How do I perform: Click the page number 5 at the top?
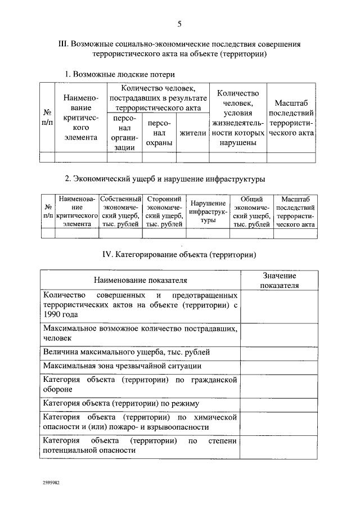point(179,24)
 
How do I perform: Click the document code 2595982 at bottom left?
point(51,482)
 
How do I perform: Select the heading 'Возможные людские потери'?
point(120,74)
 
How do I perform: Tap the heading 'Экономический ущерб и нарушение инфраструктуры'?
point(164,179)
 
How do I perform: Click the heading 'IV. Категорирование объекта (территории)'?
point(179,254)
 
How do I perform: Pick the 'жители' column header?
point(192,133)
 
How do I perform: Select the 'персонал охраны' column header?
point(159,134)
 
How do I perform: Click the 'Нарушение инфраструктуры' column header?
point(208,211)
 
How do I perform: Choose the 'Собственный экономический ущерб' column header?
point(120,211)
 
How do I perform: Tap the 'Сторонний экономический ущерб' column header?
point(164,211)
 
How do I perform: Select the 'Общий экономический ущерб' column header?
point(251,211)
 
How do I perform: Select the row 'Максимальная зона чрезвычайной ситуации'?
point(122,366)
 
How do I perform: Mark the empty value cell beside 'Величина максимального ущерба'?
point(280,353)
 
